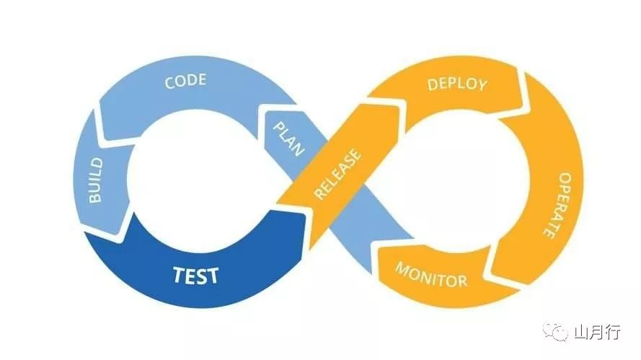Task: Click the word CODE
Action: [x=186, y=81]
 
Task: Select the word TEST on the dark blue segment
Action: [x=195, y=275]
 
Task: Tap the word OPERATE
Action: [x=555, y=206]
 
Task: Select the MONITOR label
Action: [x=431, y=275]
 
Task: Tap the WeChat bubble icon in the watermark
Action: [x=557, y=333]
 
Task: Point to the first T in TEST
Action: [x=177, y=275]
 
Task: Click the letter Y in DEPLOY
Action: [x=482, y=85]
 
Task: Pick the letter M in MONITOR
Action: [x=402, y=269]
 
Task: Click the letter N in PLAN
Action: [x=298, y=149]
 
